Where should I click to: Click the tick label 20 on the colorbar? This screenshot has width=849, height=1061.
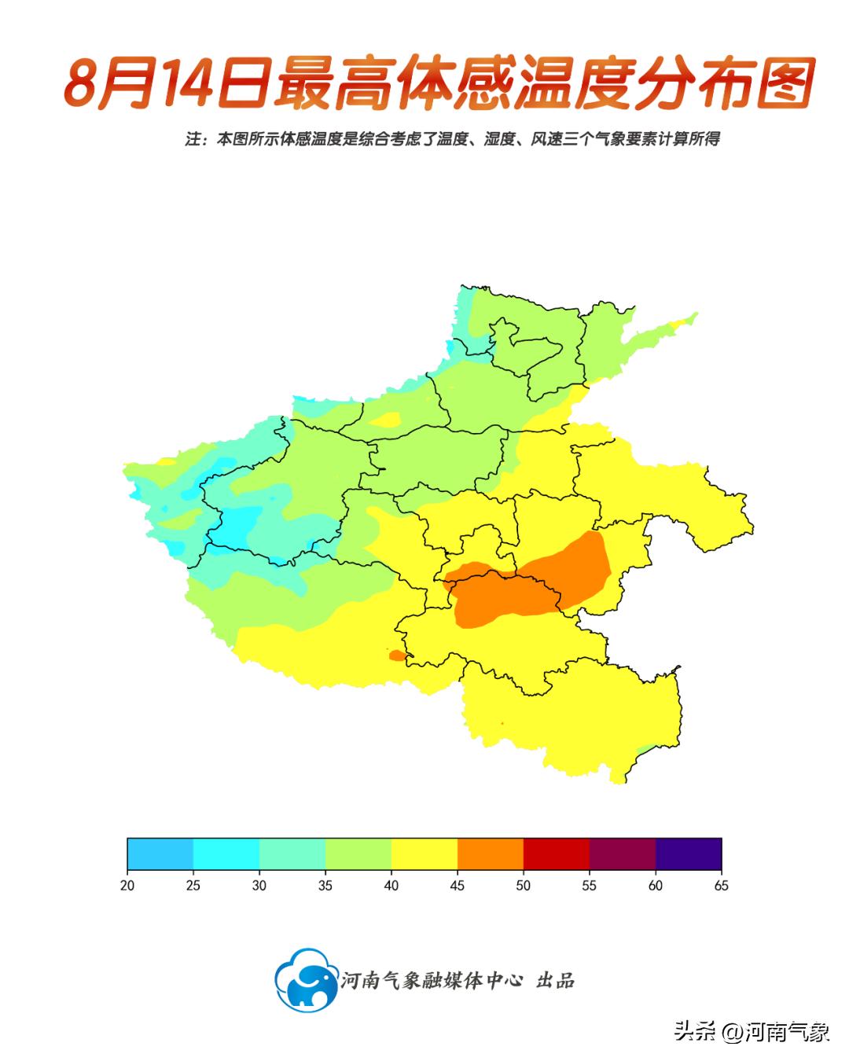(x=127, y=885)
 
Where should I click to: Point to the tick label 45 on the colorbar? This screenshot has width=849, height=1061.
(x=457, y=885)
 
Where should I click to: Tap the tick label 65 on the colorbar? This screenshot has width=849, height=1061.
(x=721, y=885)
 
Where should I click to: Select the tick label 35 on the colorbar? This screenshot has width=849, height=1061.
(x=325, y=885)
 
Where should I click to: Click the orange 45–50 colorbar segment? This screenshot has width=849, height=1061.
(x=490, y=853)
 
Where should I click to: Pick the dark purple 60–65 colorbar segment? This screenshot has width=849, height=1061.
(x=688, y=853)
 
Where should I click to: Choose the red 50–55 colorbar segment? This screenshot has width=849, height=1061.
(x=556, y=853)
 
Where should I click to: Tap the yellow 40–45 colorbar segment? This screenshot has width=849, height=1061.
(x=424, y=853)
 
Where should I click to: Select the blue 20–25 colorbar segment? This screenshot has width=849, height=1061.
(x=160, y=853)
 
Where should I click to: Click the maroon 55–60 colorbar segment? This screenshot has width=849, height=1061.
(x=622, y=853)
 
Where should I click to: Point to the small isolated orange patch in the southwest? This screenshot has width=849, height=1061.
(x=397, y=655)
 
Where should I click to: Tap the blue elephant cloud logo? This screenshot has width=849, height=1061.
(x=306, y=979)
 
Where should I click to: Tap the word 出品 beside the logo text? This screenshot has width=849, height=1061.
(x=555, y=980)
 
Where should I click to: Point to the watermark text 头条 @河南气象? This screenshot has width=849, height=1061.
(x=752, y=1031)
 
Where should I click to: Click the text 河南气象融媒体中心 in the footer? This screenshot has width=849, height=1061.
(x=432, y=980)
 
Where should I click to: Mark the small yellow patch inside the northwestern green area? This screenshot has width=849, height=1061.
(x=385, y=420)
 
